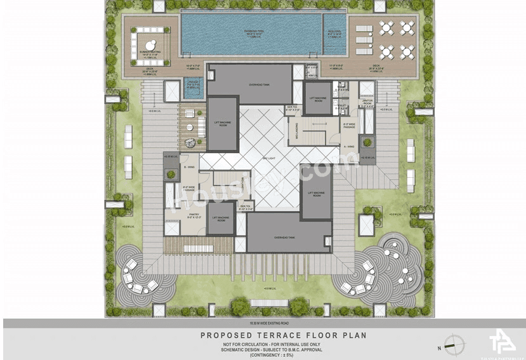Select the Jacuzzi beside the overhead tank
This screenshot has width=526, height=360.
[193, 88]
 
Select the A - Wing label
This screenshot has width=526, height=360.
[348, 145]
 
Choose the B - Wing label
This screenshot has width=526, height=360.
[188, 167]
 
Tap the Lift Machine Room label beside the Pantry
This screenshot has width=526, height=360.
[220, 217]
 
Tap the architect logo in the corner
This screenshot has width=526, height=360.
[501, 342]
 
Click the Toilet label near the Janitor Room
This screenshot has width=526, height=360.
[341, 106]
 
